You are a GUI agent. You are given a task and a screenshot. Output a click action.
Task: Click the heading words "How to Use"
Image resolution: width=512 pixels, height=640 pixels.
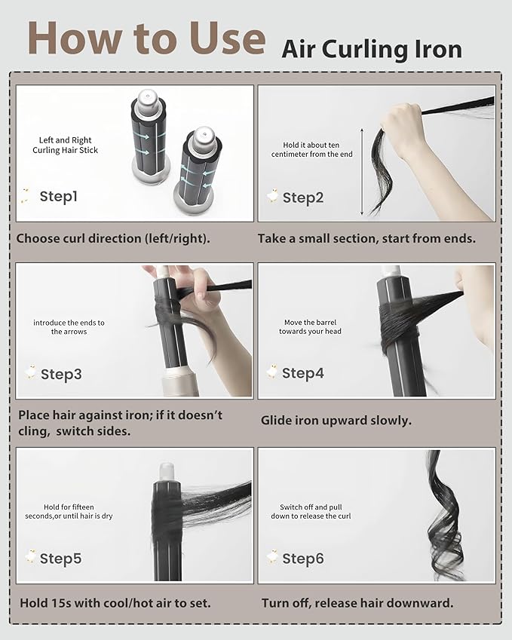tap(146, 38)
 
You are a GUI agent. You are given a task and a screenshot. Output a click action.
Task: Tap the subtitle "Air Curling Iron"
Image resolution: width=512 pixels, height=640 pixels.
tap(372, 51)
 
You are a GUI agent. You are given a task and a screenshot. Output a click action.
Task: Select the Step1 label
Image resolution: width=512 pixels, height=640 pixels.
tap(58, 196)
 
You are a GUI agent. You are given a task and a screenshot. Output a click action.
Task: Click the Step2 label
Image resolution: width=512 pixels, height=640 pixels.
tap(303, 198)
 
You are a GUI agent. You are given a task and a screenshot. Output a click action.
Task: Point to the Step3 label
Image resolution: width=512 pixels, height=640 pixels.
tap(61, 375)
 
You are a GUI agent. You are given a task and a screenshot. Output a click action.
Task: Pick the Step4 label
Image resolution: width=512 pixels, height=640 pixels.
tap(303, 373)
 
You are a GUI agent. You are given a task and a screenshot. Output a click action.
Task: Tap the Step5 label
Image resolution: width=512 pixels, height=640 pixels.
tap(61, 559)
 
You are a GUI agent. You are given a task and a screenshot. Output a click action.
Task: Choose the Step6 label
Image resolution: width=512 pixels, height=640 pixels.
tap(303, 559)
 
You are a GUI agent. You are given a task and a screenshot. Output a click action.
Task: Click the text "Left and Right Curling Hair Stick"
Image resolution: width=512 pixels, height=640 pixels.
tap(66, 145)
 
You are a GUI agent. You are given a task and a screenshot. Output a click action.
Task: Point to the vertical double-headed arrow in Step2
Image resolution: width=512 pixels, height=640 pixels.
tap(362, 172)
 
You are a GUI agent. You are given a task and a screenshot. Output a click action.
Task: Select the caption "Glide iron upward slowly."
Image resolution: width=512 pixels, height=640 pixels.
tap(336, 421)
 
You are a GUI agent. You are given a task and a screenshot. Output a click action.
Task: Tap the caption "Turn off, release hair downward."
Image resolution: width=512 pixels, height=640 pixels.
tap(357, 603)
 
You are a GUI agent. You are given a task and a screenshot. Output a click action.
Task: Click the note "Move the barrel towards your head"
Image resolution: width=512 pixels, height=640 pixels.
tap(311, 327)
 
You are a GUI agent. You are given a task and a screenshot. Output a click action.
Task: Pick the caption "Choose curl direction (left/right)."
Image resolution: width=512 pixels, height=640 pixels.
tap(113, 239)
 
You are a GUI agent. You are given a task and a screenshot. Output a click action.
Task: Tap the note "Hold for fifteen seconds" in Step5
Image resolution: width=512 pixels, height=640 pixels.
tap(69, 511)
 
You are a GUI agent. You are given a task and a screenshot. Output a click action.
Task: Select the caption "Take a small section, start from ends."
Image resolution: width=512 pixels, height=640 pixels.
tap(366, 239)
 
